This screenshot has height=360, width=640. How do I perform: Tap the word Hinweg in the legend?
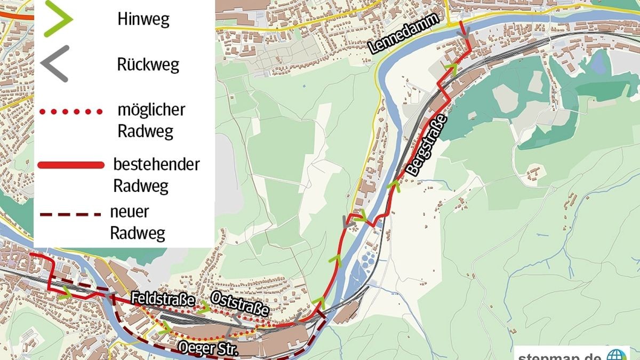[x=143, y=20]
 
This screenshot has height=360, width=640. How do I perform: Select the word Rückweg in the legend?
[x=148, y=65]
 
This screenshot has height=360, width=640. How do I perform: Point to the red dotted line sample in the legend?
[x=70, y=112]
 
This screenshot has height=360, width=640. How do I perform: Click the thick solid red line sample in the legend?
[x=70, y=166]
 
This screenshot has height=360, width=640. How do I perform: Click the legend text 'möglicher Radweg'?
[x=151, y=120]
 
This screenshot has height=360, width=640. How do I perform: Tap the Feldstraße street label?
[x=163, y=299]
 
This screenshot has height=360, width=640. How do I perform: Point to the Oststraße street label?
[x=238, y=304]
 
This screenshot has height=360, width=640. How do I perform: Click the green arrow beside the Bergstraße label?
[x=394, y=186]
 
